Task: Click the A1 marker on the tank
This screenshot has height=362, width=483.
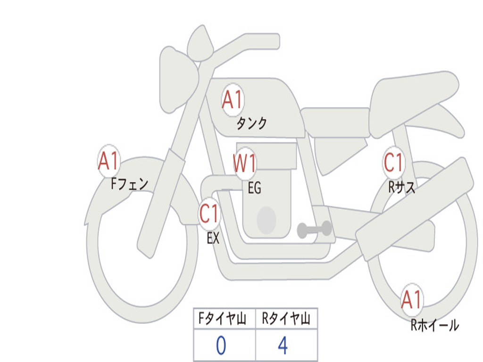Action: click(233, 100)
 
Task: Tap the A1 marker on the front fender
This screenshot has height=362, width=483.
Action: click(108, 161)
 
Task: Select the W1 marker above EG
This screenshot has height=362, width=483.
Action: click(244, 163)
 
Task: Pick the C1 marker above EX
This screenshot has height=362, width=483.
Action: click(209, 214)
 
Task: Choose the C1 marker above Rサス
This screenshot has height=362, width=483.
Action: click(393, 162)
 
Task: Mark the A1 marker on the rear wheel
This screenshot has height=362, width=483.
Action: click(411, 300)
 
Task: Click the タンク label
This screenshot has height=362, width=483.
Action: click(252, 123)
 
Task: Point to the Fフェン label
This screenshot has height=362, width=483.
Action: click(129, 184)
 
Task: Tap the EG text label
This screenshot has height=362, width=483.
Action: click(254, 188)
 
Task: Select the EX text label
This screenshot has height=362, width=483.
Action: click(213, 238)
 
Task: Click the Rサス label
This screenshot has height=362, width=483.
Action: click(401, 187)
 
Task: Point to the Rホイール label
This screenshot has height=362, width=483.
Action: click(434, 325)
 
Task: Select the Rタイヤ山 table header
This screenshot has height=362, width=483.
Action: click(286, 319)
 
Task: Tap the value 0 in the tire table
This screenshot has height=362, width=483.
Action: click(221, 346)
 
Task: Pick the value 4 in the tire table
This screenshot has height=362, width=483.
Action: click(283, 346)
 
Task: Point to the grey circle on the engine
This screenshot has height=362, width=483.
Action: click(266, 220)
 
